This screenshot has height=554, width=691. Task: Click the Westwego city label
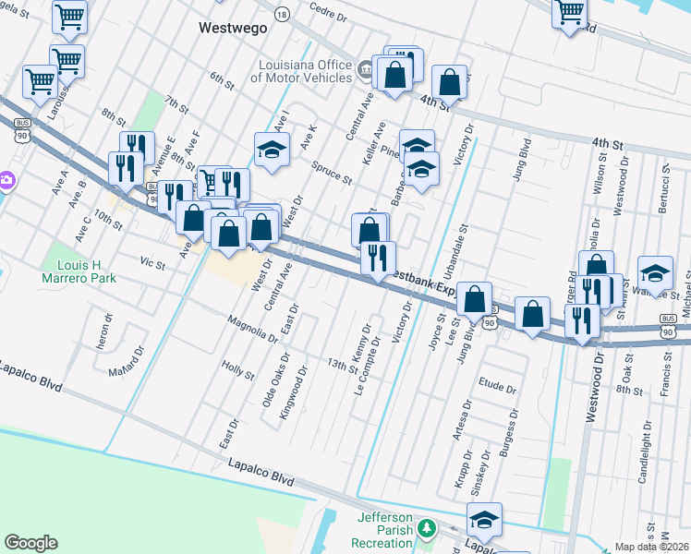[x=233, y=28]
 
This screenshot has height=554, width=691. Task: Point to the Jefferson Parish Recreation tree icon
[x=427, y=528]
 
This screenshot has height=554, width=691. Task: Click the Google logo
[x=30, y=543]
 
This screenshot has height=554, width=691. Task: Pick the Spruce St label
[x=333, y=173]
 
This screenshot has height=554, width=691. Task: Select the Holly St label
[x=237, y=370]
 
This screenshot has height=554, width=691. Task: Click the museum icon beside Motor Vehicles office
[x=365, y=67]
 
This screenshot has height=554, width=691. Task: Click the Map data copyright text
[x=652, y=547]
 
